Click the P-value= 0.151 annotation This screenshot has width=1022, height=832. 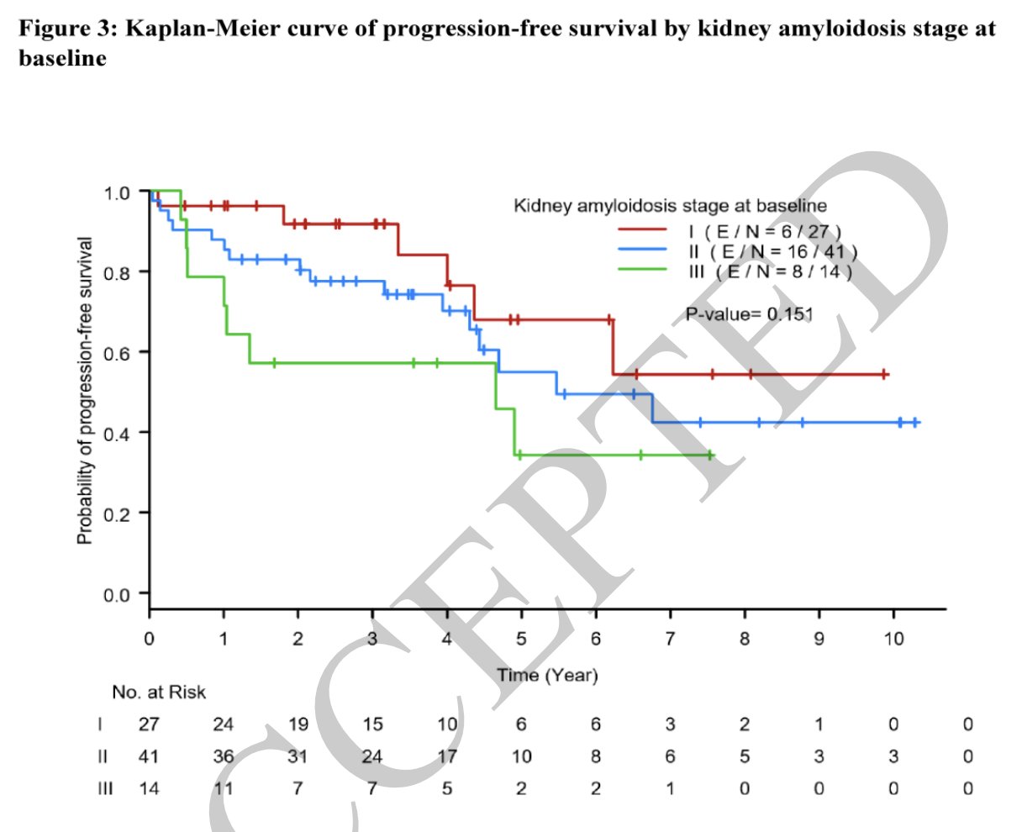tap(749, 314)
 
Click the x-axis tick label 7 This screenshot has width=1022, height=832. tap(670, 640)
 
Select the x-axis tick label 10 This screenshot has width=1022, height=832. tap(893, 640)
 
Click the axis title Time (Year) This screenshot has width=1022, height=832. tap(547, 675)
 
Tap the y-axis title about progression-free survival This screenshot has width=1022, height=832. tap(85, 390)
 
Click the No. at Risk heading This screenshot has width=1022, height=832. tap(159, 692)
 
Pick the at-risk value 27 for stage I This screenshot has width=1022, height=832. tap(149, 724)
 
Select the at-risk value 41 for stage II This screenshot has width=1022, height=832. tap(149, 757)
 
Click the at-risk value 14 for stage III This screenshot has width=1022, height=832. tap(149, 789)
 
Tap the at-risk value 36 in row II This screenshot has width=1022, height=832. tap(223, 757)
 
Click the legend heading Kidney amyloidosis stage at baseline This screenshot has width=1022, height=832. tap(670, 206)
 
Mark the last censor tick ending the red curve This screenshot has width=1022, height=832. tap(884, 374)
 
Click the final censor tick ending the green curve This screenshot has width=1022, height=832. tap(710, 455)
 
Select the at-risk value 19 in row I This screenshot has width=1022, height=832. tap(298, 724)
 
